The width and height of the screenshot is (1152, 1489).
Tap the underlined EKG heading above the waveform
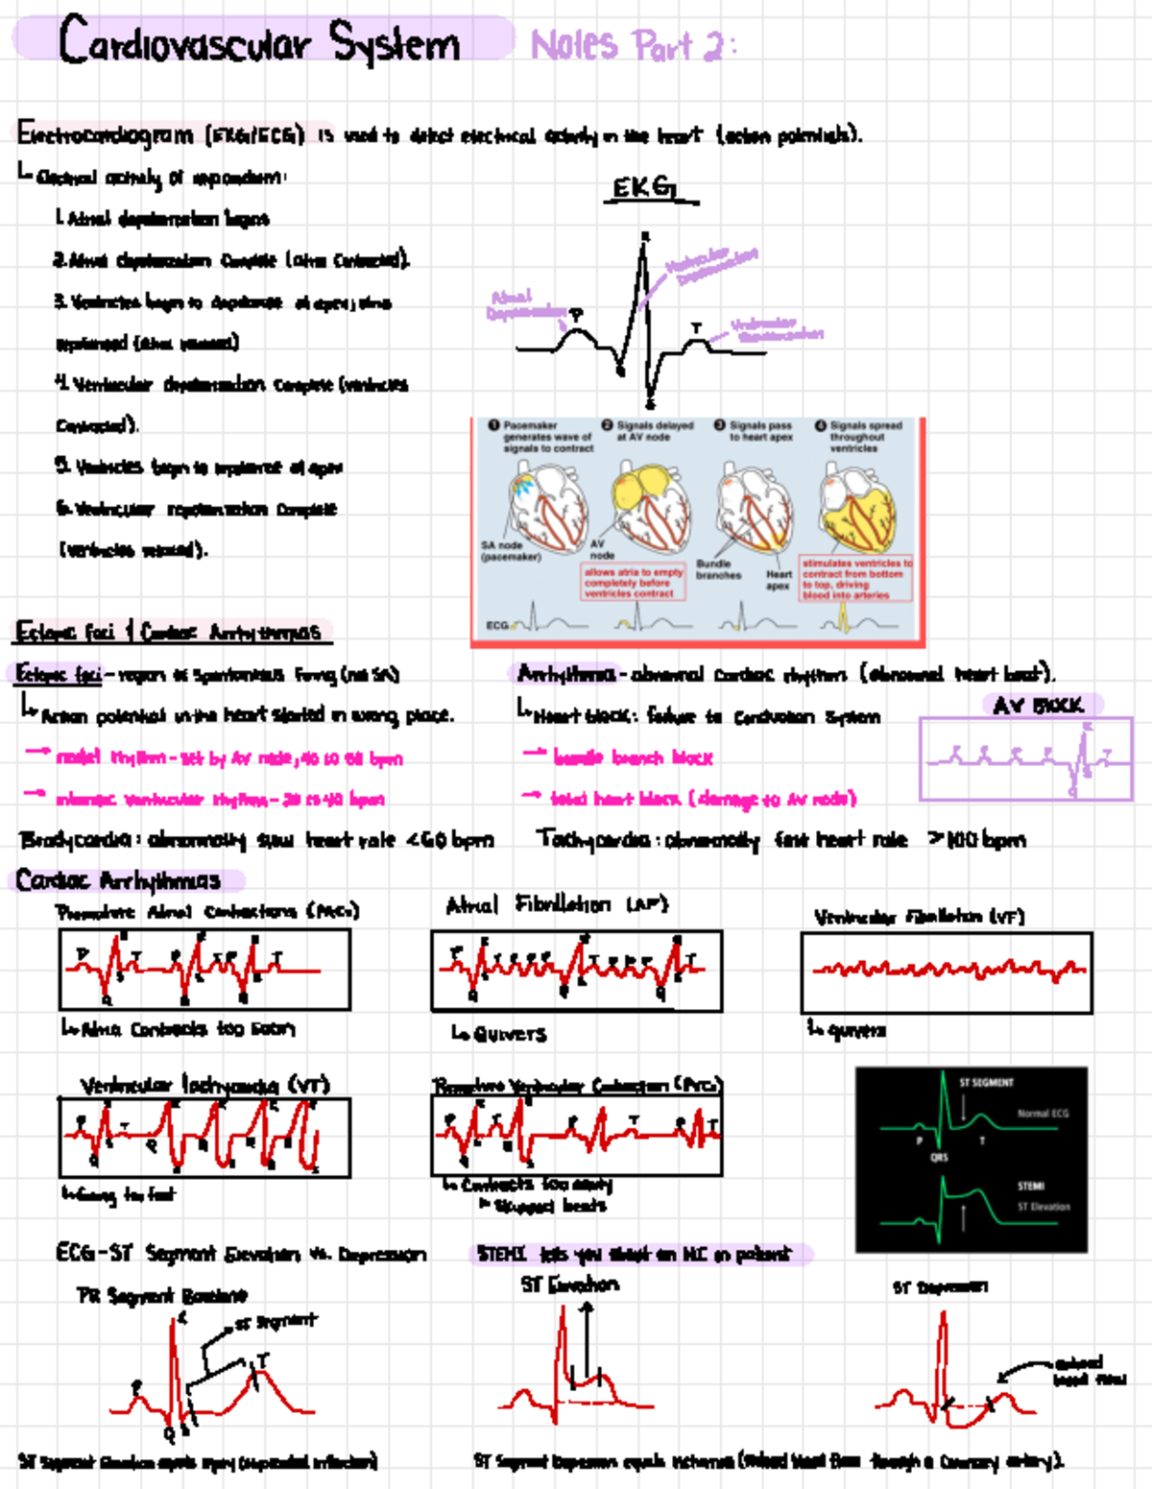click(x=645, y=187)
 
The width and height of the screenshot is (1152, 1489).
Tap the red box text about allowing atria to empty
click(x=633, y=582)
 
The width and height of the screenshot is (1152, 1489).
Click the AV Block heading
click(x=1040, y=706)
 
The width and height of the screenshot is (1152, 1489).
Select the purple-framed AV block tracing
click(x=1025, y=758)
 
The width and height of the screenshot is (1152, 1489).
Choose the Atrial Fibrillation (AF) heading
click(x=557, y=904)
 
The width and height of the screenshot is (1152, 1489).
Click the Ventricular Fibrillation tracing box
click(x=946, y=972)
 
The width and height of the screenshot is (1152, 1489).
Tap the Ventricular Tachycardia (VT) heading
click(x=204, y=1085)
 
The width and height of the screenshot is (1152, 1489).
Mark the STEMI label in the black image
click(x=1030, y=1186)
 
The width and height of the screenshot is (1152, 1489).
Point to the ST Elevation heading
click(x=569, y=1284)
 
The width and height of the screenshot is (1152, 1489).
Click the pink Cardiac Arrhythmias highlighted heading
click(x=117, y=879)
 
